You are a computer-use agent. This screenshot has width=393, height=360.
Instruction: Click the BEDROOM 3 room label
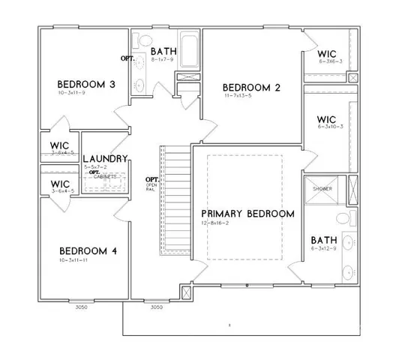click(x=87, y=84)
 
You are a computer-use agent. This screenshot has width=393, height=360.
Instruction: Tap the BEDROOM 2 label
click(x=251, y=88)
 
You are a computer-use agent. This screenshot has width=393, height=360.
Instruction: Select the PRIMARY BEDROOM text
click(x=247, y=214)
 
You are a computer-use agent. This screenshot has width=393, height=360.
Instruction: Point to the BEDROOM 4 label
click(x=87, y=250)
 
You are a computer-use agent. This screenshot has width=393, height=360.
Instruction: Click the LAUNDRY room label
click(x=105, y=158)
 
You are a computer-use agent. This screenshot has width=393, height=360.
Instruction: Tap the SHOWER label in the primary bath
click(x=322, y=188)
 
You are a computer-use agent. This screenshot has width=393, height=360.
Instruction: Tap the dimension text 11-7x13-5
click(x=239, y=97)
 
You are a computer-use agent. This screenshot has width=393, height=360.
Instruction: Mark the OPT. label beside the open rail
click(x=152, y=178)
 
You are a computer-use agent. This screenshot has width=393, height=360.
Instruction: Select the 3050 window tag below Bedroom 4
click(x=81, y=307)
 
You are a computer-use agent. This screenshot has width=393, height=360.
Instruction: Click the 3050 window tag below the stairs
click(x=156, y=307)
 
